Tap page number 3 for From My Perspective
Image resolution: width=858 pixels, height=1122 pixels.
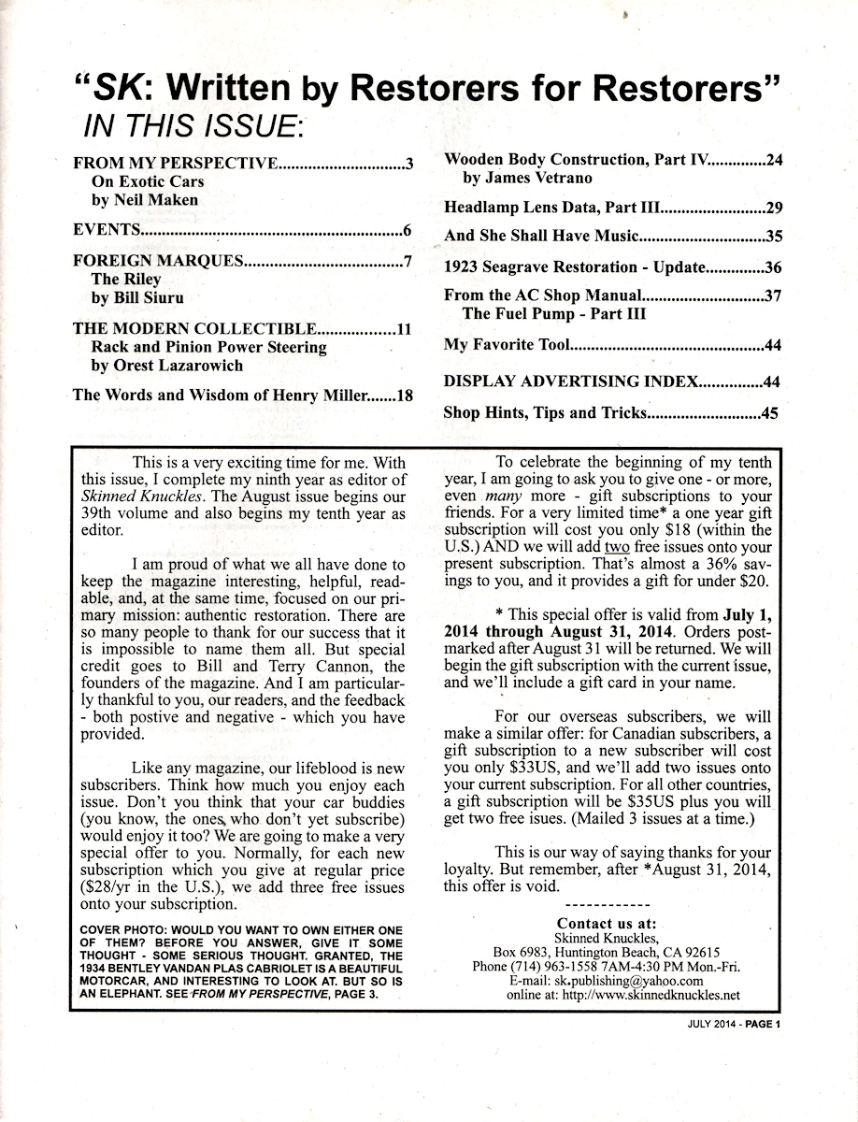[x=409, y=164]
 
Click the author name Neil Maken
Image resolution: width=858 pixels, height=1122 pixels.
[x=144, y=200]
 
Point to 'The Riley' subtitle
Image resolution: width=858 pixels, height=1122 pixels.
[x=125, y=279]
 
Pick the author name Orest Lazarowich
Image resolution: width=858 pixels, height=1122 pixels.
[x=166, y=366]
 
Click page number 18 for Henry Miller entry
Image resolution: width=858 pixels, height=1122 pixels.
[x=404, y=395]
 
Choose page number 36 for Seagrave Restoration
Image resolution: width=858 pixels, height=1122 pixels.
[x=772, y=267]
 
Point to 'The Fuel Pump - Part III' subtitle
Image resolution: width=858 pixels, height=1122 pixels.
[x=553, y=314]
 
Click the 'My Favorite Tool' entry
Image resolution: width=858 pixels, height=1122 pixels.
[x=506, y=346]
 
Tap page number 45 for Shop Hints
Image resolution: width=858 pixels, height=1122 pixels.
[x=770, y=412]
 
